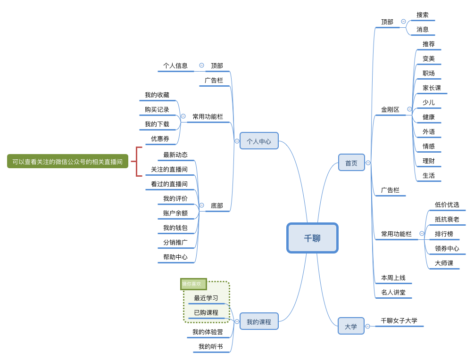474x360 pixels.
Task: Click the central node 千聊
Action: (x=312, y=238)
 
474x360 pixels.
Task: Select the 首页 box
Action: (x=351, y=163)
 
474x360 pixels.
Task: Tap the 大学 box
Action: (x=351, y=326)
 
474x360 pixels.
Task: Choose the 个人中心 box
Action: (x=259, y=141)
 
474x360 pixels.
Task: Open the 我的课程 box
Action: (x=259, y=321)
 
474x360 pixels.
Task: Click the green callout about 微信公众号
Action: (x=67, y=161)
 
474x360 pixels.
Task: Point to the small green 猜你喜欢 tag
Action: (x=193, y=284)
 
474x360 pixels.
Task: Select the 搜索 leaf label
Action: (x=423, y=15)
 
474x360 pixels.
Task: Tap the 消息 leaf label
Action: (x=423, y=30)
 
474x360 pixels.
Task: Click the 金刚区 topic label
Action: (x=390, y=110)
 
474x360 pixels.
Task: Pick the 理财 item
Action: (x=429, y=161)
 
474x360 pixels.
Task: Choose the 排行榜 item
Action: (x=444, y=234)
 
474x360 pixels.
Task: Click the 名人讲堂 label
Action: (x=393, y=293)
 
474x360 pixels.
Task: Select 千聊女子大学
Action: (x=399, y=321)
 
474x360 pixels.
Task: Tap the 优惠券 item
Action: (x=160, y=139)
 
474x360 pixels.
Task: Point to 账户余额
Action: (x=175, y=213)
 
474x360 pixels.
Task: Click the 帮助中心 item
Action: (x=175, y=257)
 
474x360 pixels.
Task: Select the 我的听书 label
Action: (x=211, y=347)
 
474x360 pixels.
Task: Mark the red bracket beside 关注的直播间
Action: (x=137, y=162)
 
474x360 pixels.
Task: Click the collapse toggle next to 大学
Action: (x=368, y=326)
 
